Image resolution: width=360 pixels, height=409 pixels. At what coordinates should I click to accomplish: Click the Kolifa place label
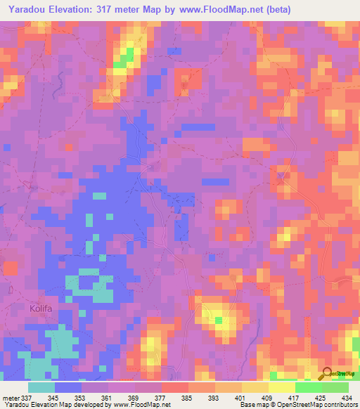point(41,308)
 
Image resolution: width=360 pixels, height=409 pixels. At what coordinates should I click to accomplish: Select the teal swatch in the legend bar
point(41,387)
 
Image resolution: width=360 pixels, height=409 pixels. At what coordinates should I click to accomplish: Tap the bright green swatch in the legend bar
point(309,387)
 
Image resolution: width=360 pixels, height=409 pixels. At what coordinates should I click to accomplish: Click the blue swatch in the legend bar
point(68,387)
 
